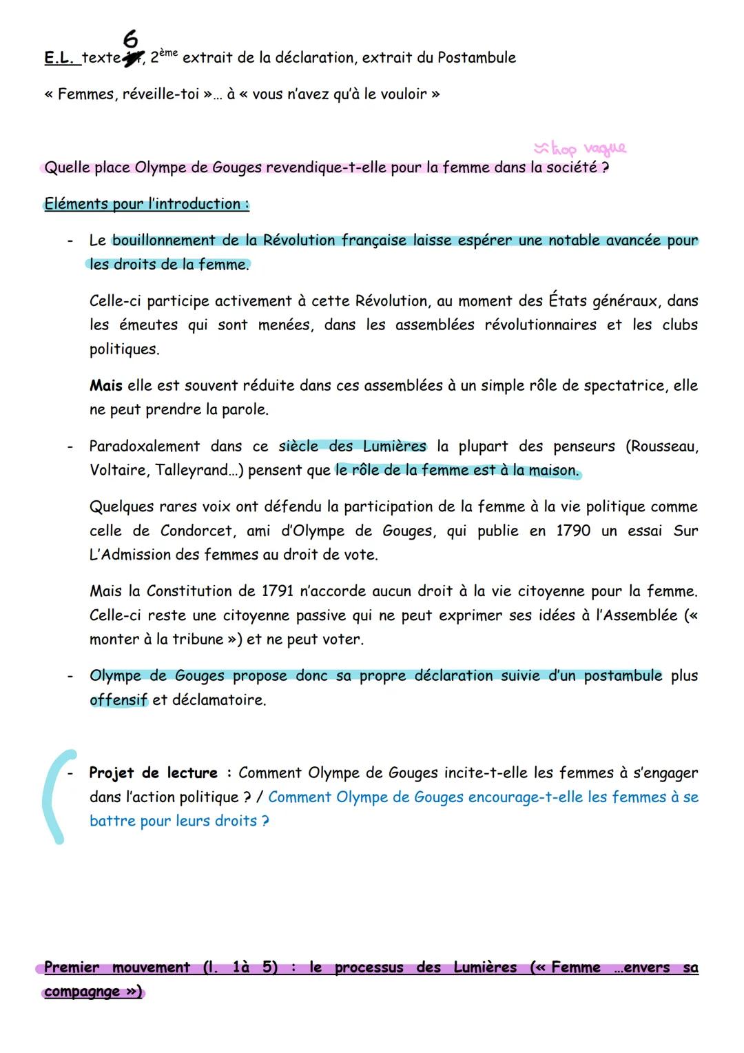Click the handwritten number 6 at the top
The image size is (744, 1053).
131,40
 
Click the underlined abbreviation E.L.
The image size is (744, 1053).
59,58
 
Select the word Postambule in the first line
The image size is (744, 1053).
476,58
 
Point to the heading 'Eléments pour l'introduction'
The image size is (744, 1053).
146,204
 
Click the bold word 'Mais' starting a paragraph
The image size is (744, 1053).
105,386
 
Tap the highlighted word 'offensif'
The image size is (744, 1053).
118,700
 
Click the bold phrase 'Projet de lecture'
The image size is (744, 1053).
153,773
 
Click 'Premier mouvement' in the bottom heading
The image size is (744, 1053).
116,968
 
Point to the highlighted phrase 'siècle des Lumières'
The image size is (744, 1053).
352,447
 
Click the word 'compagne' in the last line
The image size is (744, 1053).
81,992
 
